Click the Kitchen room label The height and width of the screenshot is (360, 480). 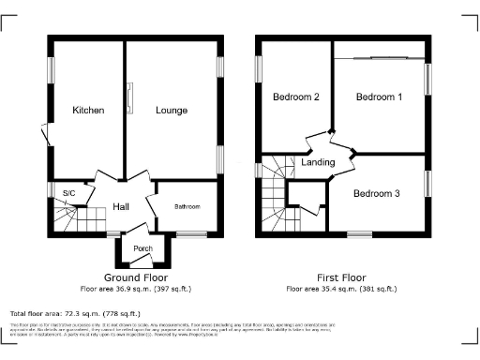(88, 111)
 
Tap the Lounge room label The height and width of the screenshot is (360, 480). (172, 111)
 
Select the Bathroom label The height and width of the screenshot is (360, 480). (187, 206)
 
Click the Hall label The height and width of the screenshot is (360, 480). (122, 206)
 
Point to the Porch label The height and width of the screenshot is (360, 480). (142, 248)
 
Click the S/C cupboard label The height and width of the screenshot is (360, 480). (68, 194)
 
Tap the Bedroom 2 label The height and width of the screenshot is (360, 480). (296, 97)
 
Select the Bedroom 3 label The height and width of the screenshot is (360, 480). (376, 193)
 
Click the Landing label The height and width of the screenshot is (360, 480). (317, 162)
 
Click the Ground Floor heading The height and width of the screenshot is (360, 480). (136, 278)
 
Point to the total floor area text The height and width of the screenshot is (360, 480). (75, 313)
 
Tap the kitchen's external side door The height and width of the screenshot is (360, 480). (46, 135)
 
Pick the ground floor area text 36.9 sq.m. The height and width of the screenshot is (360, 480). (136, 289)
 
